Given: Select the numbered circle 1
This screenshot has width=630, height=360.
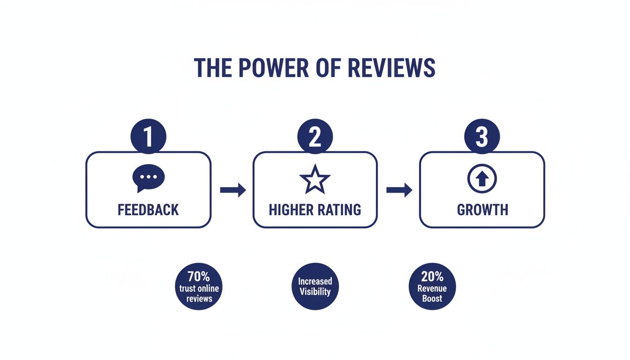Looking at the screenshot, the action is point(148,137).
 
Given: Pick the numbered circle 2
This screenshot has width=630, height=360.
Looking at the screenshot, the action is point(315,137).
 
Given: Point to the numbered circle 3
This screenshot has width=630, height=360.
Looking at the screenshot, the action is point(482,137).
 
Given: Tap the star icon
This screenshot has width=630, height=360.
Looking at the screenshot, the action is point(315,180).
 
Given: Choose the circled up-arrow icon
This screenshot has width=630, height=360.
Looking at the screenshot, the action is point(482,179).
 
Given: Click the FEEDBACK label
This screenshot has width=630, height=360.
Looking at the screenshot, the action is point(148,210).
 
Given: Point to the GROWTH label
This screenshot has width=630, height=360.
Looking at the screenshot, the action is point(482,210).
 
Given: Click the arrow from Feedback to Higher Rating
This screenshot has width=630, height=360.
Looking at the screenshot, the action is point(233,190).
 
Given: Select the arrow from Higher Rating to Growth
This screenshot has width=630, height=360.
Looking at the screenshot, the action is point(399,190).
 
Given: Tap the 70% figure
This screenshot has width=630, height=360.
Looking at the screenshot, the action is point(199,277).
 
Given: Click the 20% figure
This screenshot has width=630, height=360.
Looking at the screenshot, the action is point(432,277).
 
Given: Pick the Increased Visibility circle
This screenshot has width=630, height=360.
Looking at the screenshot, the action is point(315,286).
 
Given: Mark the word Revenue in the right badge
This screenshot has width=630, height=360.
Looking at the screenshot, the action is point(432,289).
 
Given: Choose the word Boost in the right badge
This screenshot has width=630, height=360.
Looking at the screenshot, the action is point(432,298).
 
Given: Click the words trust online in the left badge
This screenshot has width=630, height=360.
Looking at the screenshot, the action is point(199,288).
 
